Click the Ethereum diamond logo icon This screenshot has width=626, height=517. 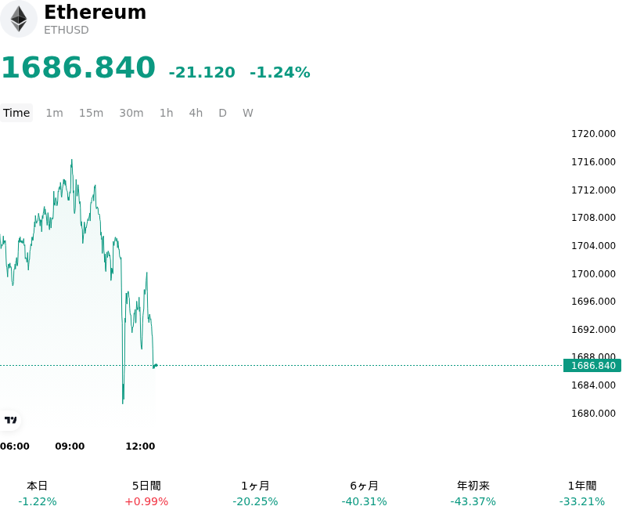[x=18, y=19]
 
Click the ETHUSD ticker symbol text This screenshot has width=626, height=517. [x=67, y=30]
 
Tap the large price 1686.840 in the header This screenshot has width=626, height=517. [x=79, y=67]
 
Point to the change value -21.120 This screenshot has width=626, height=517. [x=202, y=72]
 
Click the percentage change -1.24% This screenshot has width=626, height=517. [x=280, y=72]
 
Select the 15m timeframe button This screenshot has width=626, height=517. [x=91, y=113]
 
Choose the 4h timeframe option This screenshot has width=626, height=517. [x=196, y=113]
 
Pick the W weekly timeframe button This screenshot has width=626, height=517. [x=247, y=113]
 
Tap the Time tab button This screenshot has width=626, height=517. [x=16, y=113]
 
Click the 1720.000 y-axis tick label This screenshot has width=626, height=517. [x=593, y=134]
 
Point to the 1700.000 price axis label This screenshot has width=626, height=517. [x=593, y=273]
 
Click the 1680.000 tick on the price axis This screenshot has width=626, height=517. [x=593, y=413]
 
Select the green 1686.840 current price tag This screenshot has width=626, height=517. [x=592, y=365]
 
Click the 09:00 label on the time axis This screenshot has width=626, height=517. [x=70, y=446]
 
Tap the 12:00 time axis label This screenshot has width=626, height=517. [x=140, y=446]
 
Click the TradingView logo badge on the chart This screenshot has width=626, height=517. [x=10, y=420]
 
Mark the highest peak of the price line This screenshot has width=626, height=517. [x=72, y=160]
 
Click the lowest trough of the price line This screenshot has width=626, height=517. [x=123, y=403]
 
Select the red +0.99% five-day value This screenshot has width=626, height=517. [x=146, y=501]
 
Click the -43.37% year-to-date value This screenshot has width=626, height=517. [x=473, y=501]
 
